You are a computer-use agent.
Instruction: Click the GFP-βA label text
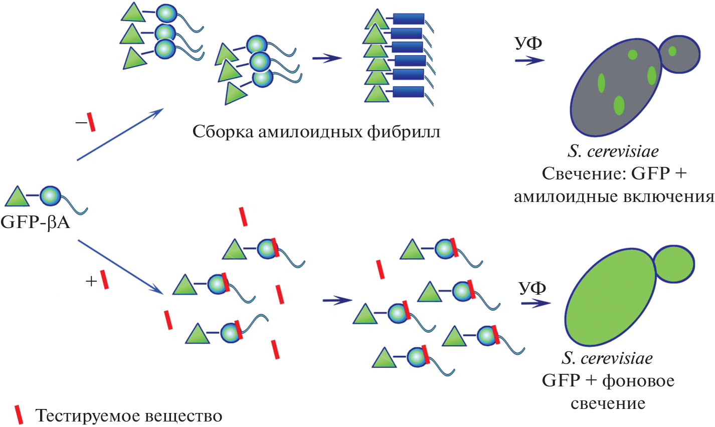(35, 222)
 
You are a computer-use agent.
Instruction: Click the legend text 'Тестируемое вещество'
(129, 416)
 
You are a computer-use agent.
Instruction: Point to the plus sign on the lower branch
(91, 282)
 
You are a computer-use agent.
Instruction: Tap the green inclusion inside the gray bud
(672, 51)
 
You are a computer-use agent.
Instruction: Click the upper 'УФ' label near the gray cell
(528, 44)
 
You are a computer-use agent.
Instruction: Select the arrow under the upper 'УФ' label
(529, 61)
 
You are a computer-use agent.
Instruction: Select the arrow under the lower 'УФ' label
(535, 303)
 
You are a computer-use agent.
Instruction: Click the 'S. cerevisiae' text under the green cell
(607, 358)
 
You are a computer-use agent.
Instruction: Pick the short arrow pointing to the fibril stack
(326, 59)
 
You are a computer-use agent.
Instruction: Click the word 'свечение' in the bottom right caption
(608, 403)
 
